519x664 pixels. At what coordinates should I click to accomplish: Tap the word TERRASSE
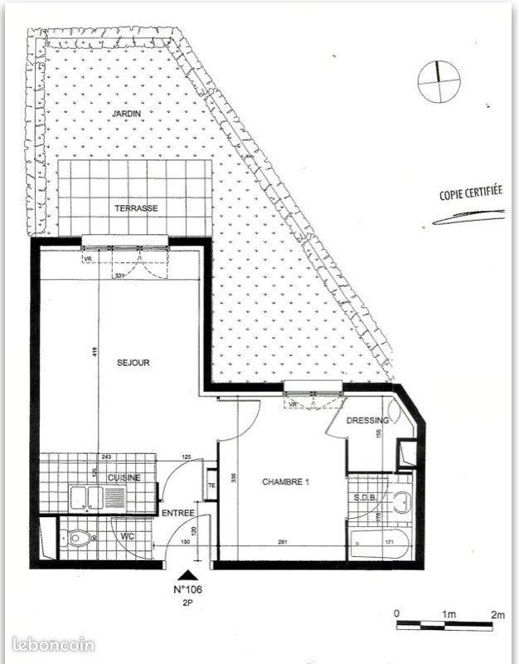[136, 208]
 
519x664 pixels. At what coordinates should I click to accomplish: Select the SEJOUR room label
[133, 362]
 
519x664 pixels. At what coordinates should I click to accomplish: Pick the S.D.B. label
[366, 497]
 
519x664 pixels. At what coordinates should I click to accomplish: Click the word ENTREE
[177, 513]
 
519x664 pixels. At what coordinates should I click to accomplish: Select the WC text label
[128, 536]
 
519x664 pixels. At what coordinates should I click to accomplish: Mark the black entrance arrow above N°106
[190, 574]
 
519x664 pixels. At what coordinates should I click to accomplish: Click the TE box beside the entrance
[211, 486]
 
